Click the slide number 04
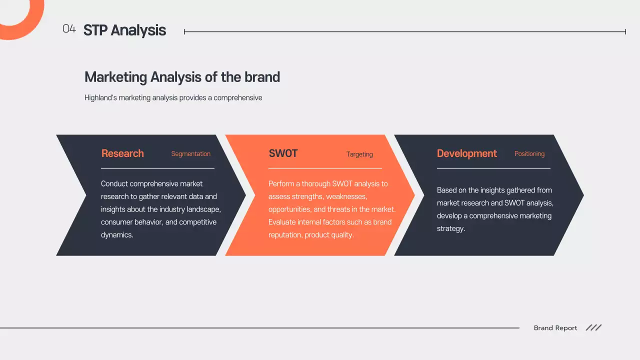click(69, 29)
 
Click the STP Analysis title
click(124, 30)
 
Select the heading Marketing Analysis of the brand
click(182, 77)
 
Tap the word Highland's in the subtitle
click(100, 98)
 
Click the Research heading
click(122, 153)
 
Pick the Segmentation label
click(190, 154)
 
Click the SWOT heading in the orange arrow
click(283, 153)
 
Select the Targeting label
click(359, 154)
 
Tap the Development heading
click(466, 153)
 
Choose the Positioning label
click(529, 154)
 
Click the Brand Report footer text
click(555, 328)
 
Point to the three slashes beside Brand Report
click(593, 328)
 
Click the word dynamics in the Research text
click(117, 235)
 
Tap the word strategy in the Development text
click(450, 229)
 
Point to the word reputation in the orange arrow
click(285, 235)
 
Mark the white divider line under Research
click(157, 168)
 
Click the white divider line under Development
click(493, 168)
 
